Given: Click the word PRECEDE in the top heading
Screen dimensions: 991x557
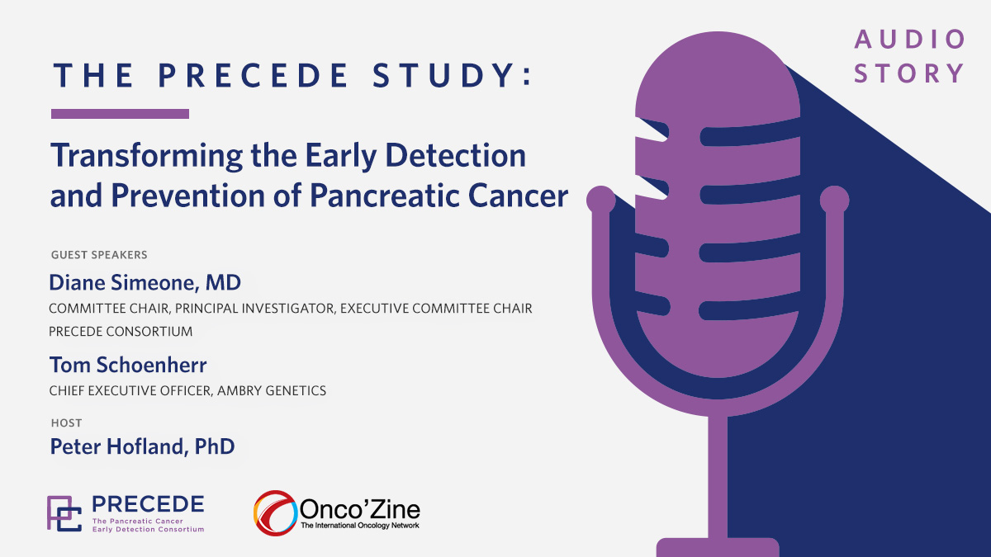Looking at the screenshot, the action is coord(254,75).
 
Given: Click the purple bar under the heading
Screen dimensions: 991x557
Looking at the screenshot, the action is coord(120,114).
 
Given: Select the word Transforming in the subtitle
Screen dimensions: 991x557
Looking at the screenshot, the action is coord(147,157).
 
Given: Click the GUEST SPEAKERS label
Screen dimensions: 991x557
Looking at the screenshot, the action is coord(99,255).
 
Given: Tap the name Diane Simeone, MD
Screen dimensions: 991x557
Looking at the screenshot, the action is coord(145,283).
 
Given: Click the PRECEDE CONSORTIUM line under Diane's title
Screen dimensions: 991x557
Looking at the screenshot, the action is coord(121,332).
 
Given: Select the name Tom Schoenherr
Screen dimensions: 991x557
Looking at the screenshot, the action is coord(128,365).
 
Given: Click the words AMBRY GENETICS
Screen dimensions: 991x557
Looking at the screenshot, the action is coord(272,391).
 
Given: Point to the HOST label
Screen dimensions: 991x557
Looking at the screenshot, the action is coord(66,423).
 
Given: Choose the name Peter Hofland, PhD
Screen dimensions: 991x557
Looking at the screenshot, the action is coord(142,446).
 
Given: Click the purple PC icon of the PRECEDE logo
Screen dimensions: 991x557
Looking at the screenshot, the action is coord(64,513).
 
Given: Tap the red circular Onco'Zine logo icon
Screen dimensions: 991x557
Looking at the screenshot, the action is coord(275,512).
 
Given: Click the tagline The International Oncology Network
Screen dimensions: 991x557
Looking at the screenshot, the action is coord(360,525).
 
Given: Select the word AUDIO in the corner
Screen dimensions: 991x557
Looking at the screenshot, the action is coord(909,40).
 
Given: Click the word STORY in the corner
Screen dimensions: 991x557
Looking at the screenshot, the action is coord(908,73).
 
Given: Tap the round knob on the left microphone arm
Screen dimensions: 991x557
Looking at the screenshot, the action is coord(601,200).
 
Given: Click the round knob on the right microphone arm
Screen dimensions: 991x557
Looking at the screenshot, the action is coord(834,200).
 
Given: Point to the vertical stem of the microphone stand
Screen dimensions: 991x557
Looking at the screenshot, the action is coord(718,477).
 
